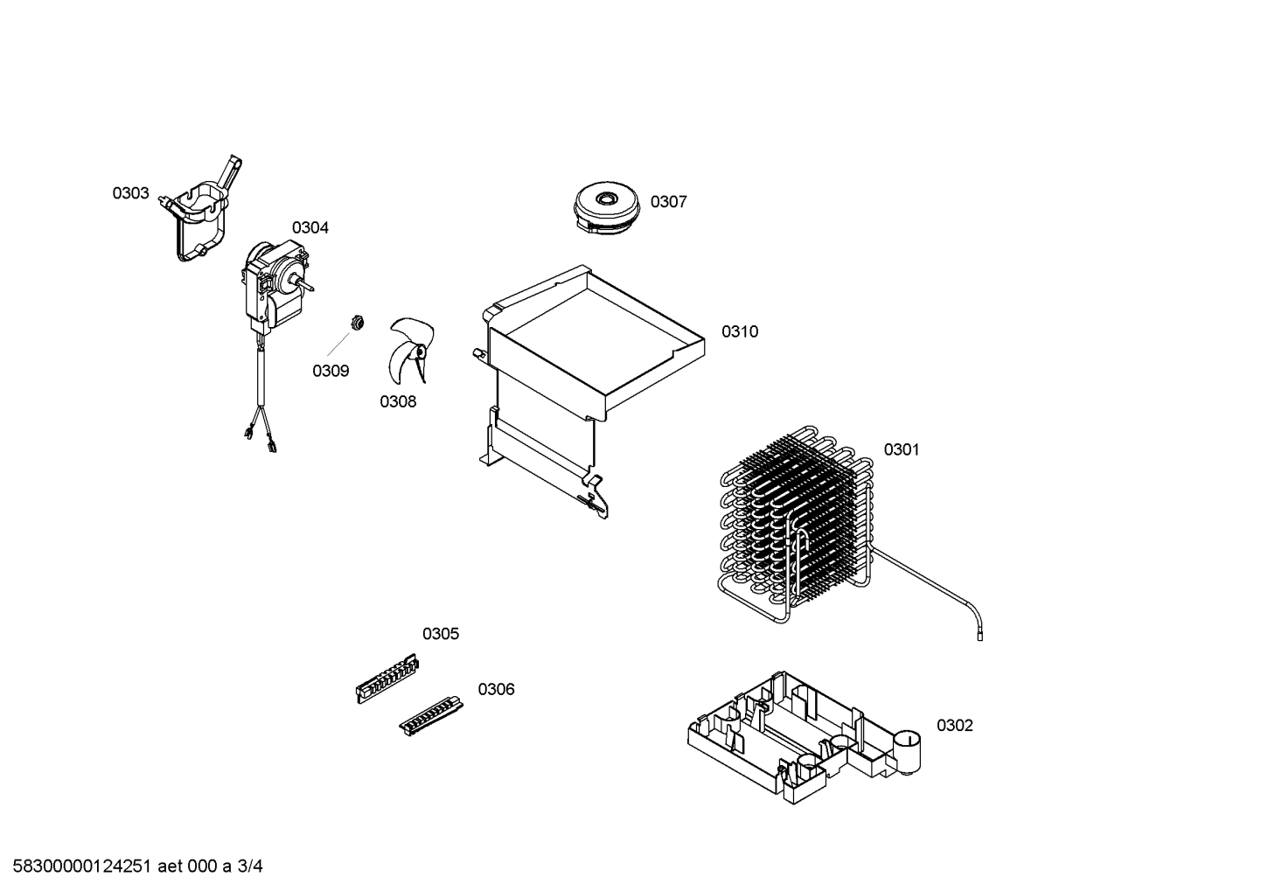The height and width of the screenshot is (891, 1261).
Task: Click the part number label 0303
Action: pyautogui.click(x=130, y=193)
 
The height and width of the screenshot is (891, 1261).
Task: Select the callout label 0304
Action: pyautogui.click(x=310, y=227)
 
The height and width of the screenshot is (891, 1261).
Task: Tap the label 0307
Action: pyautogui.click(x=669, y=201)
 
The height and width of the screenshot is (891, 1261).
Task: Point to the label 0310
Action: pyautogui.click(x=740, y=331)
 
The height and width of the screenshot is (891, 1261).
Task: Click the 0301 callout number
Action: pyautogui.click(x=902, y=449)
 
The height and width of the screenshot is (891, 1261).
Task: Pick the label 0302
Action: pyautogui.click(x=955, y=725)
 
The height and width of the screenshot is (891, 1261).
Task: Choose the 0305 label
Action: pyautogui.click(x=441, y=634)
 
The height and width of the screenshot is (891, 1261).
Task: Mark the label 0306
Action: pyautogui.click(x=496, y=689)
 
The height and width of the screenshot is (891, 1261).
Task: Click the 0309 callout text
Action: pyautogui.click(x=331, y=371)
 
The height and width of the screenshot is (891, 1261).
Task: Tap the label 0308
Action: pyautogui.click(x=398, y=401)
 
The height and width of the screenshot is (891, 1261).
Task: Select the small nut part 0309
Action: pyautogui.click(x=356, y=323)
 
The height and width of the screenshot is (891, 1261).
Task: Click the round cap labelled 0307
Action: pyautogui.click(x=607, y=206)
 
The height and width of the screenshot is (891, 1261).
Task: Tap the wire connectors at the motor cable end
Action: pyautogui.click(x=260, y=439)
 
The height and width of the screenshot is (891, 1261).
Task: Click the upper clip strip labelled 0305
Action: pyautogui.click(x=388, y=679)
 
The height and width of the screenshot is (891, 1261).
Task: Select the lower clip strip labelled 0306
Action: pyautogui.click(x=431, y=716)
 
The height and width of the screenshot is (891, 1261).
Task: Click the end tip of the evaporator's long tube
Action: pyautogui.click(x=979, y=637)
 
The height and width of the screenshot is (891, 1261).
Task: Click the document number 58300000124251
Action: pyautogui.click(x=82, y=866)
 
